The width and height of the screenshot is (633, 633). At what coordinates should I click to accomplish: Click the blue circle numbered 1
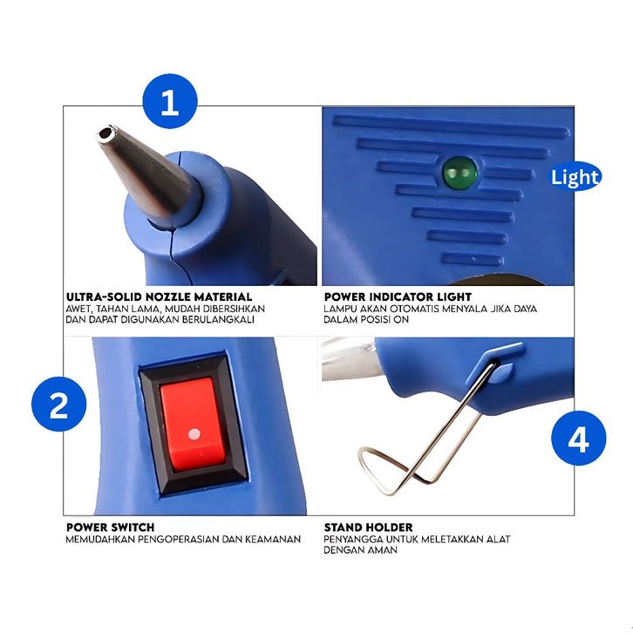point(170,101)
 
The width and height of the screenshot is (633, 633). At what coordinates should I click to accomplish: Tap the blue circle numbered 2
point(59,404)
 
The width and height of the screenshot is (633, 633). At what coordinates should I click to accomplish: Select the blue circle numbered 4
point(578,438)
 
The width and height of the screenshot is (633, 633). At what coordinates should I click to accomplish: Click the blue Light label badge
point(575,177)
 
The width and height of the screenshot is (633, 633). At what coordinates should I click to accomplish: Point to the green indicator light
point(459,173)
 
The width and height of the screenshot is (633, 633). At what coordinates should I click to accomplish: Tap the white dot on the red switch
point(194,434)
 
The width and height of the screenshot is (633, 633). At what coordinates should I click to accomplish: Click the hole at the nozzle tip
point(107,133)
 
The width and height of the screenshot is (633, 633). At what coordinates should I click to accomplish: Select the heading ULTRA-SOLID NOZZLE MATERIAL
point(159,296)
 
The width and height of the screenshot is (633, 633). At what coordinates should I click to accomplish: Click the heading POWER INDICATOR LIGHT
point(398,296)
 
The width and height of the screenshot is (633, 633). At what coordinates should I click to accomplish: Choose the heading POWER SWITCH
point(110,527)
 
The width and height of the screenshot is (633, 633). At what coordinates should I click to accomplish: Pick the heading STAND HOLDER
point(368,527)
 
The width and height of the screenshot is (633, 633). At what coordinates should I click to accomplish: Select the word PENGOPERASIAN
point(179,540)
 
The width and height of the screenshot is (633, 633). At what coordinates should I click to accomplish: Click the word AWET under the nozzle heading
point(79,309)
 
